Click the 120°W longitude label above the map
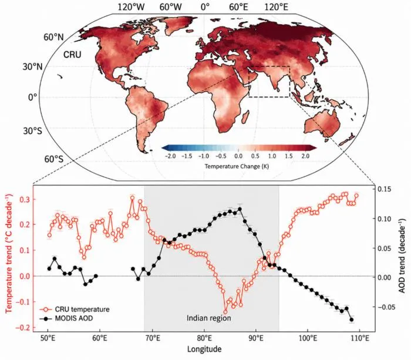pos(131,7)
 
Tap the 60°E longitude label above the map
pos(238,7)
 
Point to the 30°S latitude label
pos(33,131)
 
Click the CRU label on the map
pos(72,55)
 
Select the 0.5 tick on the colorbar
pos(255,156)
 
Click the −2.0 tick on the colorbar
pos(171,156)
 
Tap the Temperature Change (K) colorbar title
pos(237,166)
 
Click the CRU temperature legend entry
pos(75,309)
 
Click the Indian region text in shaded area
pos(209,318)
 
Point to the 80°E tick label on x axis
pos(204,338)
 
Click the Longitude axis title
pos(204,349)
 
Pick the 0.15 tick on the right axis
pos(384,189)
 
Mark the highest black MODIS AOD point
pos(240,209)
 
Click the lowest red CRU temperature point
pos(225,312)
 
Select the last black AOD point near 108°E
pos(352,319)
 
